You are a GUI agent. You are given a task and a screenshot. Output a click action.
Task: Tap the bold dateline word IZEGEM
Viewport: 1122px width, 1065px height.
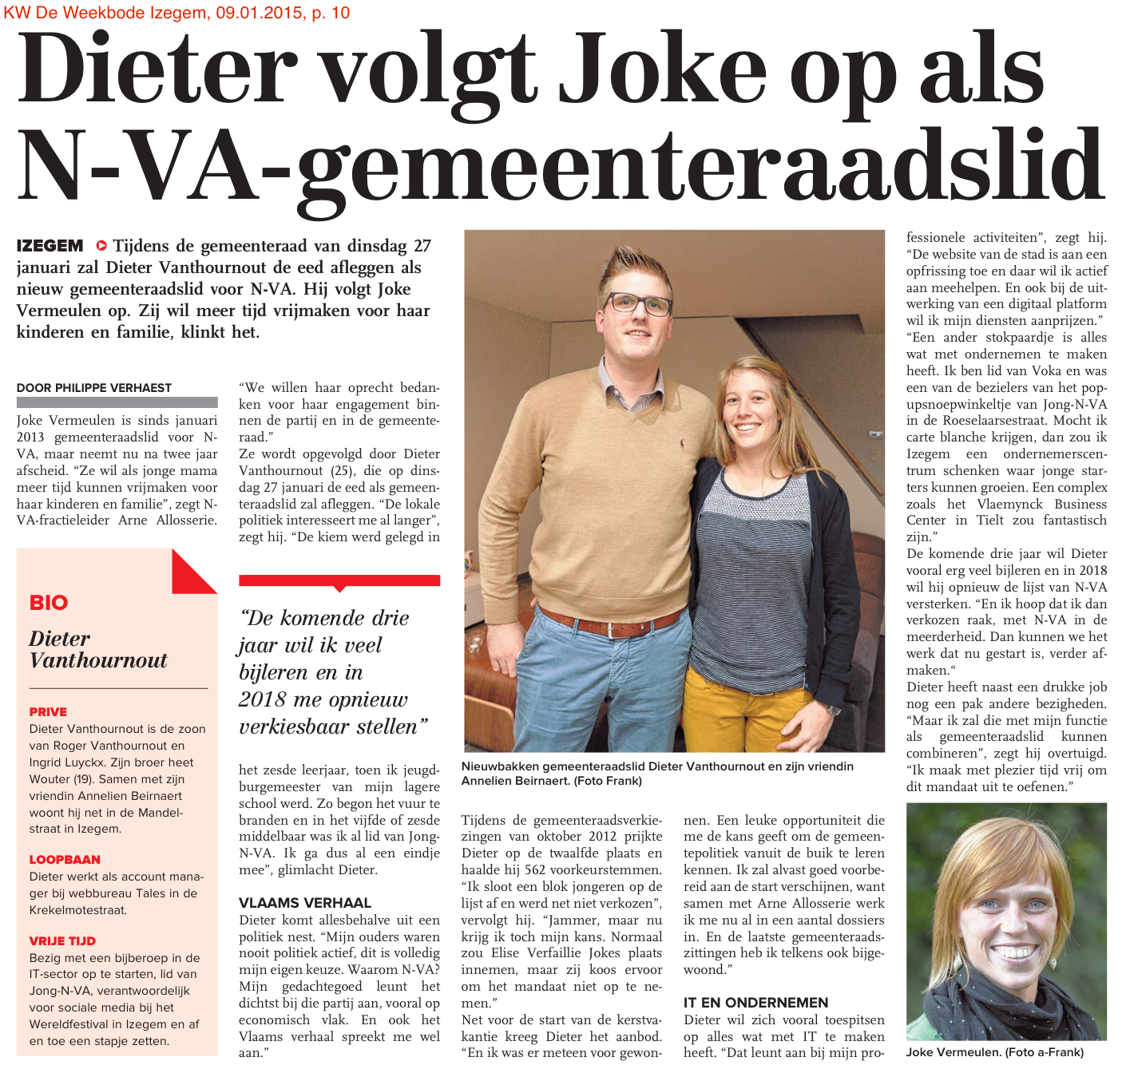pos(50,246)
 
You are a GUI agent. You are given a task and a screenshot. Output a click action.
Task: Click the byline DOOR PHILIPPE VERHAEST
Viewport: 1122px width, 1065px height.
pos(94,388)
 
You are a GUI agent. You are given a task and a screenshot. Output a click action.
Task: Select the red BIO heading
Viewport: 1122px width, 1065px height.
pos(49,603)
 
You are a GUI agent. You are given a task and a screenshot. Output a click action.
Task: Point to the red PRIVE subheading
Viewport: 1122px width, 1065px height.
pos(48,711)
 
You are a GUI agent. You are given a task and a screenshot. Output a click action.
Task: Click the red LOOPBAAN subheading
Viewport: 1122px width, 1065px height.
pos(65,859)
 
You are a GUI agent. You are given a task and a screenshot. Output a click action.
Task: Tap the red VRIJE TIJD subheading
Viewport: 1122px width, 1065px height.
pos(62,940)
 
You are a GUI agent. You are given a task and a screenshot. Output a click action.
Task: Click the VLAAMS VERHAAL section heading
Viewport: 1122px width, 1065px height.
pos(305,903)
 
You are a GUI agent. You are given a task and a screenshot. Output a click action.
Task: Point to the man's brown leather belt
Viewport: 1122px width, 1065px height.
pos(611,622)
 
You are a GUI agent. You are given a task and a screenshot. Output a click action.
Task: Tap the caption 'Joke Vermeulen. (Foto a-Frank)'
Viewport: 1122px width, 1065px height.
pos(995,1052)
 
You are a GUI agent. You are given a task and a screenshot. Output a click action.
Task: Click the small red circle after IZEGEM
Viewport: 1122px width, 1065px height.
pos(101,246)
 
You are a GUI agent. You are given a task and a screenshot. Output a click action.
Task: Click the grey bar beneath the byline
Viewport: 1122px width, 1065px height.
pos(117,402)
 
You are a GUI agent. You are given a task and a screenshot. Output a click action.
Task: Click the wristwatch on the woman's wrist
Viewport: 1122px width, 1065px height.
pos(833,709)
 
